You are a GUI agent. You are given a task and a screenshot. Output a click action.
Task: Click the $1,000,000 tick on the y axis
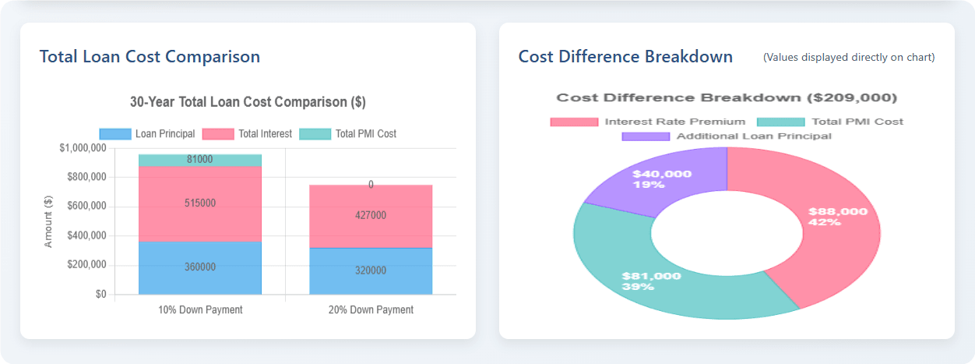pyautogui.click(x=83, y=148)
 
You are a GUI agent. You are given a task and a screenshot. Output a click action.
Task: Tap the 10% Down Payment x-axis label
pyautogui.click(x=200, y=309)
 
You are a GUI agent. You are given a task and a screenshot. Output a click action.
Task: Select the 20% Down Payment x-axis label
pyautogui.click(x=371, y=309)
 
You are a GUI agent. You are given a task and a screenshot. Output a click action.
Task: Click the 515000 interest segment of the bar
pyautogui.click(x=200, y=203)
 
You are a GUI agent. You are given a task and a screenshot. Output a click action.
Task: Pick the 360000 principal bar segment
pyautogui.click(x=200, y=267)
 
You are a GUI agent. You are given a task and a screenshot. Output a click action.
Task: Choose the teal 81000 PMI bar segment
pyautogui.click(x=200, y=160)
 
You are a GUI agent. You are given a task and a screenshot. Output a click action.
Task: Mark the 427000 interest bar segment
pyautogui.click(x=371, y=217)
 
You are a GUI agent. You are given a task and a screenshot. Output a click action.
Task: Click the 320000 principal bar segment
pyautogui.click(x=371, y=271)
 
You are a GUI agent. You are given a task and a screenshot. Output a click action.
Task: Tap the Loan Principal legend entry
pyautogui.click(x=147, y=134)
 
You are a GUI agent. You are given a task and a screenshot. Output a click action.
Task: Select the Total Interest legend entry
pyautogui.click(x=247, y=134)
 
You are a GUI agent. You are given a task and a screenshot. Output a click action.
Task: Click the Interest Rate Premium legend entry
pyautogui.click(x=647, y=122)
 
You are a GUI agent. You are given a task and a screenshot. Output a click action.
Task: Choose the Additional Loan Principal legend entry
pyautogui.click(x=727, y=136)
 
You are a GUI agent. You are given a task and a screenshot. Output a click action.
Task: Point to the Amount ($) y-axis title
pyautogui.click(x=48, y=221)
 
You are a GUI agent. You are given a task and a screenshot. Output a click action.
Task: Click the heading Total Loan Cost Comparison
pyautogui.click(x=150, y=57)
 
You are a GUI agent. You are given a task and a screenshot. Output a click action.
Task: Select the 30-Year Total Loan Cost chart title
pyautogui.click(x=248, y=102)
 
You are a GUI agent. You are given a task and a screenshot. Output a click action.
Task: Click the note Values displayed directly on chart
pyautogui.click(x=849, y=57)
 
